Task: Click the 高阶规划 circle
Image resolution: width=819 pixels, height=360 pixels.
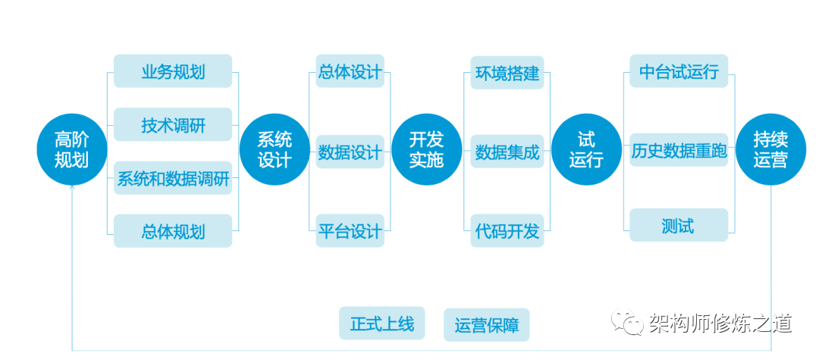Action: coord(71,149)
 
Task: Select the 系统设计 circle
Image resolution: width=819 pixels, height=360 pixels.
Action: coord(275,149)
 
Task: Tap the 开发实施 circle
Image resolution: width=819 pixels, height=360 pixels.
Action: coord(426,149)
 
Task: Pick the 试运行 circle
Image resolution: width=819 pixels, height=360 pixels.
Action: coord(586,149)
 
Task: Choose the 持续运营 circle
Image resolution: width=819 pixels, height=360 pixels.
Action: coord(770,149)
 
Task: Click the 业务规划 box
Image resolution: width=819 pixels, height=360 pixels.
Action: coord(173,71)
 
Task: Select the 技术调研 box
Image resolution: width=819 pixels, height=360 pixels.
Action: coord(173,124)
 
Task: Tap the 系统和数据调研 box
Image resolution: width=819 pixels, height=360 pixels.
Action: coord(173,180)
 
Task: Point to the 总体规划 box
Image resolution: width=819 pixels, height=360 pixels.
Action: coord(173,230)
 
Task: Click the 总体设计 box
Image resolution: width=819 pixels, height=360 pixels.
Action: coord(350,71)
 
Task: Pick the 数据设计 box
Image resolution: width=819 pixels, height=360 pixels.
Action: coord(350,152)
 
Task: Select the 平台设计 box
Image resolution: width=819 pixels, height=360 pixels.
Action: coord(350,230)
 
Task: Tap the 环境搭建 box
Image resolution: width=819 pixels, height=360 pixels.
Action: coord(507,73)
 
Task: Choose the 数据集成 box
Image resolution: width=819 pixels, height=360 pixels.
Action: coord(507,152)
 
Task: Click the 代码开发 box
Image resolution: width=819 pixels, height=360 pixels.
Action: coord(507,230)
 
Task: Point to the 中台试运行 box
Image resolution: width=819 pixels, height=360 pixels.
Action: coord(679,71)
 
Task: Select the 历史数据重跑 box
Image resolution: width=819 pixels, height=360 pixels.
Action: coord(679,150)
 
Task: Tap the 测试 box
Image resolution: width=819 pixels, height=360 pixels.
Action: coord(679,226)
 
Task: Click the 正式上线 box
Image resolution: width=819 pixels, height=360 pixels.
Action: coord(382,324)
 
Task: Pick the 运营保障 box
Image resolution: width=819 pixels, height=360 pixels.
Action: coord(487,325)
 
